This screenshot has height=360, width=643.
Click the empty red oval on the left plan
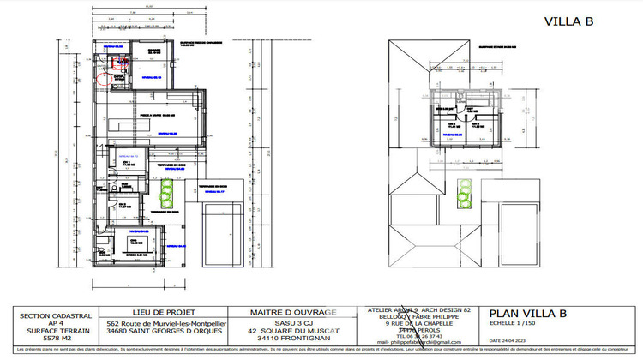107,79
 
